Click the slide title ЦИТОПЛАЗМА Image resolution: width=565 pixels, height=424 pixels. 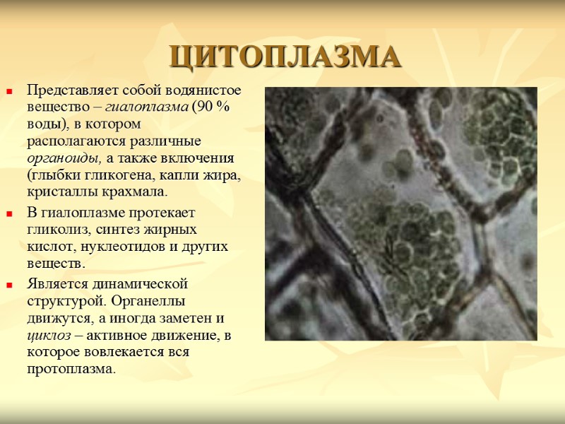pyautogui.click(x=285, y=57)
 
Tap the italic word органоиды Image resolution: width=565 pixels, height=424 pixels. pyautogui.click(x=57, y=156)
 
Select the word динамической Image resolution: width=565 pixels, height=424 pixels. pyautogui.click(x=138, y=285)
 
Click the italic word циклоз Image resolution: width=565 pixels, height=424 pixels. pyautogui.click(x=44, y=335)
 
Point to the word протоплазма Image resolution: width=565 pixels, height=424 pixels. pyautogui.click(x=69, y=369)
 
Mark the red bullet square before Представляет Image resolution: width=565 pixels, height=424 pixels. pyautogui.click(x=10, y=92)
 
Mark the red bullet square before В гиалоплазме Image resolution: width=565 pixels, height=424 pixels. pyautogui.click(x=10, y=213)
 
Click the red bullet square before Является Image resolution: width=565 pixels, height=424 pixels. pyautogui.click(x=10, y=285)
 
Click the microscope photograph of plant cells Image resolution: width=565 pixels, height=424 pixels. pyautogui.click(x=400, y=213)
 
